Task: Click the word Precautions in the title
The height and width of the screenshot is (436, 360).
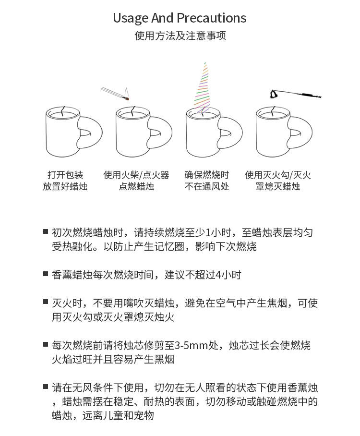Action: tap(211, 18)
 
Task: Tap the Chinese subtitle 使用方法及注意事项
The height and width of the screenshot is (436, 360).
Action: tap(180, 36)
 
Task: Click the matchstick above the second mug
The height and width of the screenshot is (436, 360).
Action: tap(115, 94)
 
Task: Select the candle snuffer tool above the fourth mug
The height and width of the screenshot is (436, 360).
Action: tap(296, 94)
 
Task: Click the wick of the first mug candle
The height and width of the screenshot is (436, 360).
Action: tap(63, 111)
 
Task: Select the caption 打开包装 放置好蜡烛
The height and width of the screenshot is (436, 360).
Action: tap(65, 181)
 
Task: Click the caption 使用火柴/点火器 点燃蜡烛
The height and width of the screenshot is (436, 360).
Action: tap(136, 181)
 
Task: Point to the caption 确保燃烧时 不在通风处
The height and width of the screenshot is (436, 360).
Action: tap(207, 181)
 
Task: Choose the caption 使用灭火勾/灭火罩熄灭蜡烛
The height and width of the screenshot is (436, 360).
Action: tap(278, 181)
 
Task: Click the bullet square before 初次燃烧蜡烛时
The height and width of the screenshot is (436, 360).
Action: tap(46, 231)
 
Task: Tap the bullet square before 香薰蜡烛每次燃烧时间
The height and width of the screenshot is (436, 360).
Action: tap(46, 274)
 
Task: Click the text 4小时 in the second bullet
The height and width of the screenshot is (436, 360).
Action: tap(228, 275)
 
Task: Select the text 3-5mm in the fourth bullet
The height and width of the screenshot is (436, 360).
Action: tap(191, 345)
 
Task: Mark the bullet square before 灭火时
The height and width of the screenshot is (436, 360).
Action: tap(46, 302)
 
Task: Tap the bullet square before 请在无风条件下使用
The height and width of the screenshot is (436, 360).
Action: tap(46, 386)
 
